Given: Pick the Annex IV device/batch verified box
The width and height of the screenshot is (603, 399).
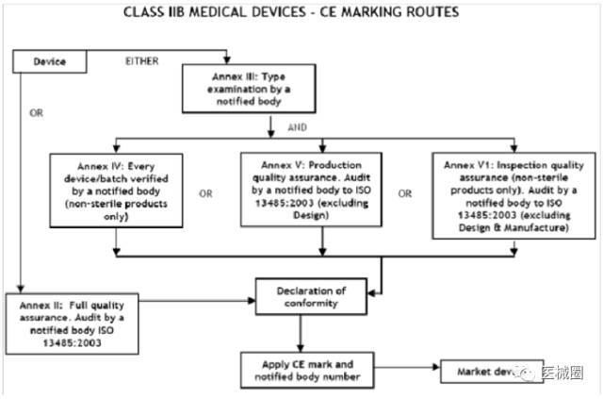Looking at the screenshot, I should pos(114,190).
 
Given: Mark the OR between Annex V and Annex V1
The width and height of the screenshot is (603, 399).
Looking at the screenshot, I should pos(405,195).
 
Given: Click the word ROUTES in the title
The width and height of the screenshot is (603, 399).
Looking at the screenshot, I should pos(428,12).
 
